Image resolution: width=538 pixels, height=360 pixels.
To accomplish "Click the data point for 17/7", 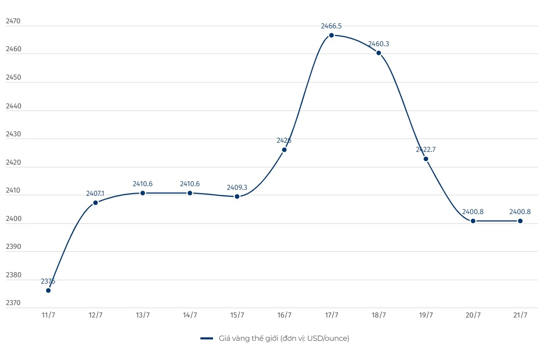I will [x=331, y=35].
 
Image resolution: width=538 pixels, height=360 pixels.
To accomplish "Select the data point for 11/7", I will [x=48, y=290].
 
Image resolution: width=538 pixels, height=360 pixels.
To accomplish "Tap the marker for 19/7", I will [x=426, y=159].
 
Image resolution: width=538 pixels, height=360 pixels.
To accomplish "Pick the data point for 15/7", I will [x=237, y=196].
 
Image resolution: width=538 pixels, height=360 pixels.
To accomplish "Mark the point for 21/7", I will [x=520, y=221].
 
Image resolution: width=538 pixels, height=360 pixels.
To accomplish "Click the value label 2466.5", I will [x=331, y=26].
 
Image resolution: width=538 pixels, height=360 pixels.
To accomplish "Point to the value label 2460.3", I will [x=378, y=44].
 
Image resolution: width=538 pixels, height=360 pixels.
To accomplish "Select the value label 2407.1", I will [x=96, y=193].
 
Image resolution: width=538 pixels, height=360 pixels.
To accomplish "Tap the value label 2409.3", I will [x=237, y=188].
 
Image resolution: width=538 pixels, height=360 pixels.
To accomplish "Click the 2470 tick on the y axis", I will [x=13, y=21].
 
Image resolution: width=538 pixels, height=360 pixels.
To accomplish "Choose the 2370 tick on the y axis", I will [x=13, y=303].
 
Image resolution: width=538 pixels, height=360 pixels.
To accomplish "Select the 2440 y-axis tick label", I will [x=13, y=106].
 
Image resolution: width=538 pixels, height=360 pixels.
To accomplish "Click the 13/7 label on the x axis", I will [x=143, y=315].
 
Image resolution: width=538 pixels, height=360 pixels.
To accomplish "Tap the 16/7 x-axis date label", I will [x=284, y=315].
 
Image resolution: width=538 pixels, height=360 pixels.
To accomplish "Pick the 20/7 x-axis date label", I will [x=473, y=315].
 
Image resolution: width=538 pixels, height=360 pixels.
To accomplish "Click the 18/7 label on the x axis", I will [x=378, y=315].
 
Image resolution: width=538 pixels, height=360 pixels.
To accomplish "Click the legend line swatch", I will [x=207, y=339].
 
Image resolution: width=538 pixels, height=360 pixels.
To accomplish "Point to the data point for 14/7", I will [x=190, y=193].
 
